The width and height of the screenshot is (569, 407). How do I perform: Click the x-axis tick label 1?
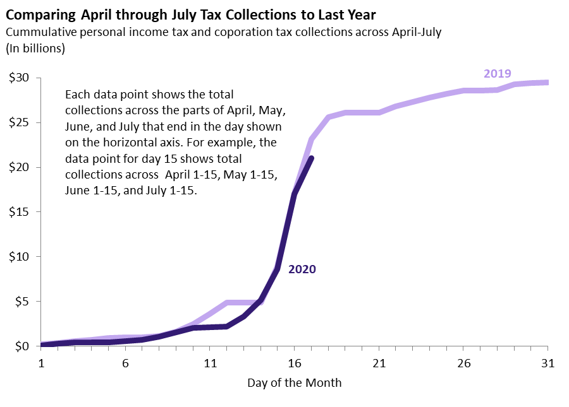pyautogui.click(x=41, y=363)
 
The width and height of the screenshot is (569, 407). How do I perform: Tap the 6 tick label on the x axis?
pyautogui.click(x=126, y=363)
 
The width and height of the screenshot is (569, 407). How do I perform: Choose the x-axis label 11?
pyautogui.click(x=210, y=363)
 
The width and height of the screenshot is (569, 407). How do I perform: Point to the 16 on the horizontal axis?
pyautogui.click(x=295, y=363)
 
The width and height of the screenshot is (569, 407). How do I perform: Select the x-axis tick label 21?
pyautogui.click(x=379, y=363)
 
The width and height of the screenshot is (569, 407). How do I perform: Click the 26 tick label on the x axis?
pyautogui.click(x=463, y=363)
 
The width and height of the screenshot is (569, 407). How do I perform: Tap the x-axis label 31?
pyautogui.click(x=548, y=363)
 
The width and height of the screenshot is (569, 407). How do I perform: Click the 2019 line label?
pyautogui.click(x=497, y=73)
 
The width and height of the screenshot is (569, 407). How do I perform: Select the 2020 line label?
pyautogui.click(x=302, y=269)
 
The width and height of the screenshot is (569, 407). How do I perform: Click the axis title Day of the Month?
pyautogui.click(x=294, y=383)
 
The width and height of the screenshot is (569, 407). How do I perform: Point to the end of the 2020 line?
pyautogui.click(x=311, y=158)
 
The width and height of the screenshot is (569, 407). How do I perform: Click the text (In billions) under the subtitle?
pyautogui.click(x=35, y=48)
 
